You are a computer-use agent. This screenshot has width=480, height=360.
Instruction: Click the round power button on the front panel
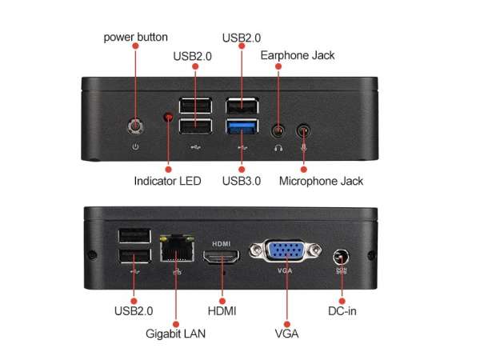coord(136,126)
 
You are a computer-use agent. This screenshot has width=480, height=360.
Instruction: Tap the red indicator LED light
coord(168,117)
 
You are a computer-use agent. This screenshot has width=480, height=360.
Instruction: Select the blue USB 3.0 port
coord(242,126)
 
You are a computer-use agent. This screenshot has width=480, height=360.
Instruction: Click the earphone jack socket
coord(278,131)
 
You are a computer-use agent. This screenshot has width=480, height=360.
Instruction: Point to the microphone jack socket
coord(303,130)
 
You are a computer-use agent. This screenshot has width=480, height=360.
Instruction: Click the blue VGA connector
coord(286,250)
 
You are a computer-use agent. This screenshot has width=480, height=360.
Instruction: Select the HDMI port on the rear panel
coord(222,256)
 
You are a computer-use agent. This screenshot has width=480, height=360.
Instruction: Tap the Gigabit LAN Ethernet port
coord(177,248)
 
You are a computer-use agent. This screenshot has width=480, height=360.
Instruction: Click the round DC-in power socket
coord(342,258)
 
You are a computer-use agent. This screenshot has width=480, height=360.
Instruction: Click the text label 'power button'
coord(136,38)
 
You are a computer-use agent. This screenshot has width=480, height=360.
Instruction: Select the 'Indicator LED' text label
coord(167,181)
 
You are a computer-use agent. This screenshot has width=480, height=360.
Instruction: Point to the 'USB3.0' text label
coord(242,181)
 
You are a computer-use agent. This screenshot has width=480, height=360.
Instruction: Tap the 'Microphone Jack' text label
coord(321,181)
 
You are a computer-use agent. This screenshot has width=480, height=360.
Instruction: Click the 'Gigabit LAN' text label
coord(175,334)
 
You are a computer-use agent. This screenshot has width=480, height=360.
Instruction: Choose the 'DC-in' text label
coord(342,311)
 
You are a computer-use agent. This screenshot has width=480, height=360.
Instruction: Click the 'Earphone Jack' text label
coord(298,55)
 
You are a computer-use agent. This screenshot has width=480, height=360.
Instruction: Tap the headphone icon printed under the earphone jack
coord(278,148)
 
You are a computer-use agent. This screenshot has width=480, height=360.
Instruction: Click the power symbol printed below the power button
coord(135,147)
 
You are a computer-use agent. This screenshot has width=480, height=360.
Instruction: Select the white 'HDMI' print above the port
coord(222,244)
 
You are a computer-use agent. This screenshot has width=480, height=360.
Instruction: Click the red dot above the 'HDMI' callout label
coord(222,302)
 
